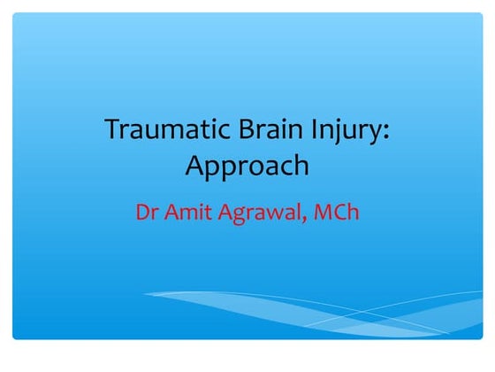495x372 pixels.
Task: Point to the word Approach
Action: click(x=247, y=166)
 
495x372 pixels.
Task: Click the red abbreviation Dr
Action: click(x=147, y=213)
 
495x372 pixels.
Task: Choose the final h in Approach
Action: click(x=301, y=164)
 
